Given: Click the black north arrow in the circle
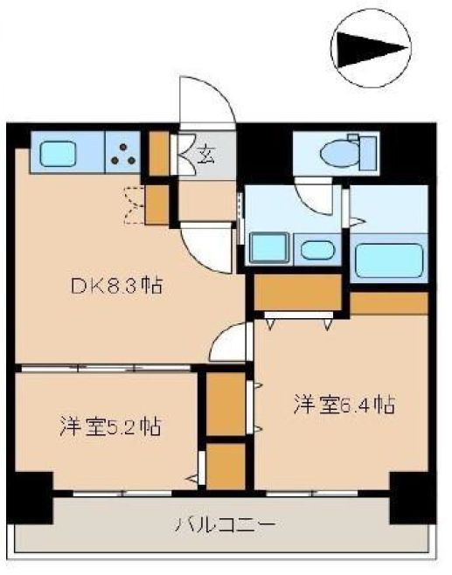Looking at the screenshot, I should [372, 50].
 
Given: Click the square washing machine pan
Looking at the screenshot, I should [267, 247].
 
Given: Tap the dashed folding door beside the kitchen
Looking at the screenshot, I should [134, 204].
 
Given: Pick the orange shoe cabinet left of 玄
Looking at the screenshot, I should [158, 151].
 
